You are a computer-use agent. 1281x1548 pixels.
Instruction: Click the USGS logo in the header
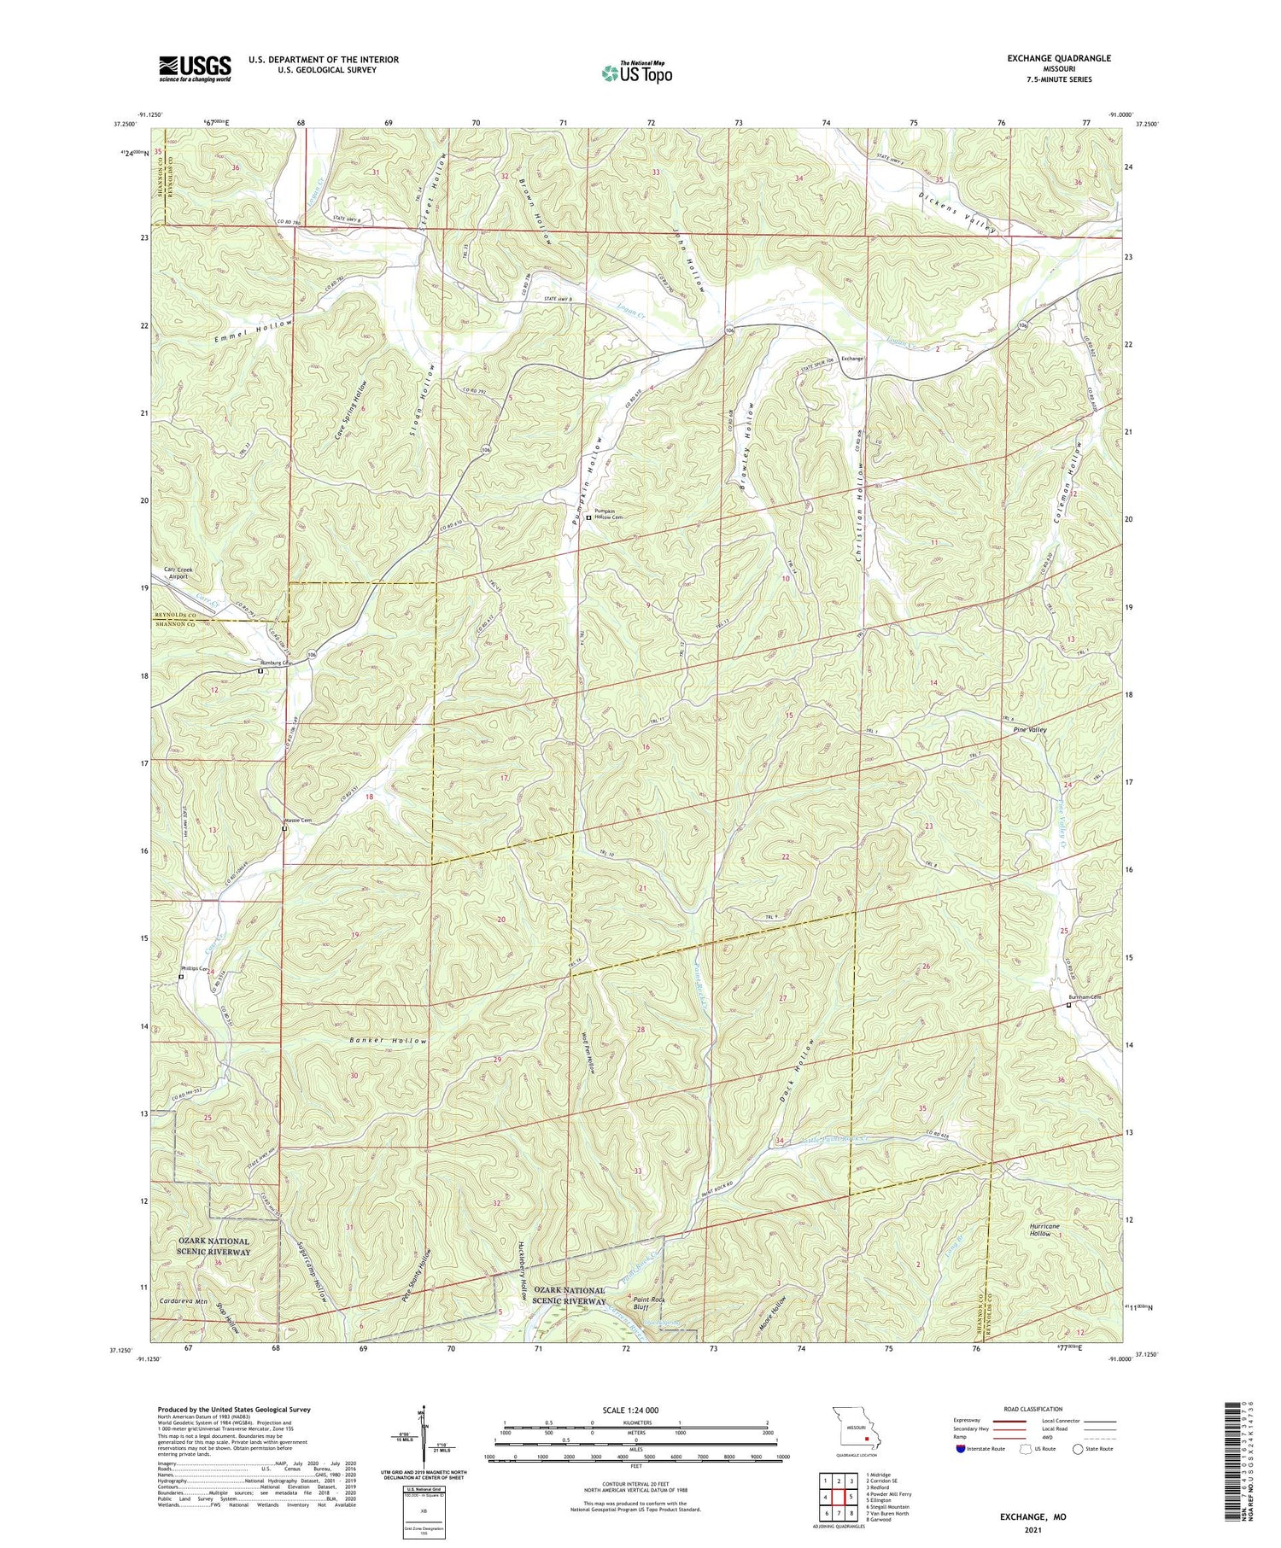tap(195, 68)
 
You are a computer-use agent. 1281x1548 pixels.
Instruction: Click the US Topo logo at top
tap(637, 73)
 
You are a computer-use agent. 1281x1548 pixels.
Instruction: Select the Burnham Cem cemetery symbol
tap(1068, 1005)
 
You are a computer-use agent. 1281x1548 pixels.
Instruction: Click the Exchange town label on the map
tap(853, 359)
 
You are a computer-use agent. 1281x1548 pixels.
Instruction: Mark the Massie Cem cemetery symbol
tap(285, 828)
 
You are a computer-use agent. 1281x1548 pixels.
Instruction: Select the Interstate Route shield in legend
tap(961, 1449)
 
